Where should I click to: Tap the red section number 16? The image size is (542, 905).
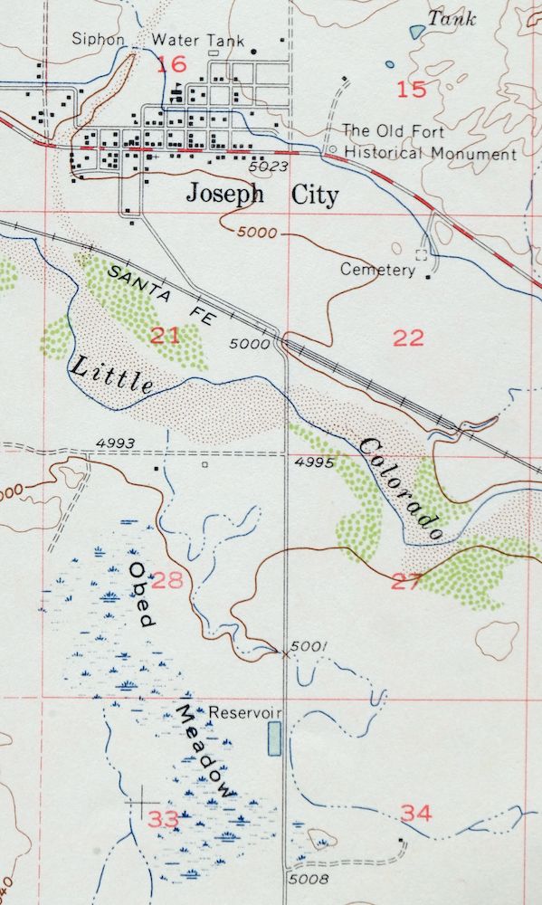[171, 64]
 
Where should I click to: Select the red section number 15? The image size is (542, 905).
[411, 89]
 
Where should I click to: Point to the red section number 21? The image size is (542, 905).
[166, 337]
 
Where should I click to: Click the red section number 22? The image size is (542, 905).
[409, 338]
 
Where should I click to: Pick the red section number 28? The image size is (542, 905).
[169, 579]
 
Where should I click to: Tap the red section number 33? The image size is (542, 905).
[164, 819]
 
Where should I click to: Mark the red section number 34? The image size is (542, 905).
[416, 814]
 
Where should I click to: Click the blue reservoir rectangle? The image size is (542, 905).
[274, 738]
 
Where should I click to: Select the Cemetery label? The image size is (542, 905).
[377, 269]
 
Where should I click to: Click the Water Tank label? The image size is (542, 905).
[188, 40]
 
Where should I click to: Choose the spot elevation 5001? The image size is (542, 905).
[304, 646]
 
